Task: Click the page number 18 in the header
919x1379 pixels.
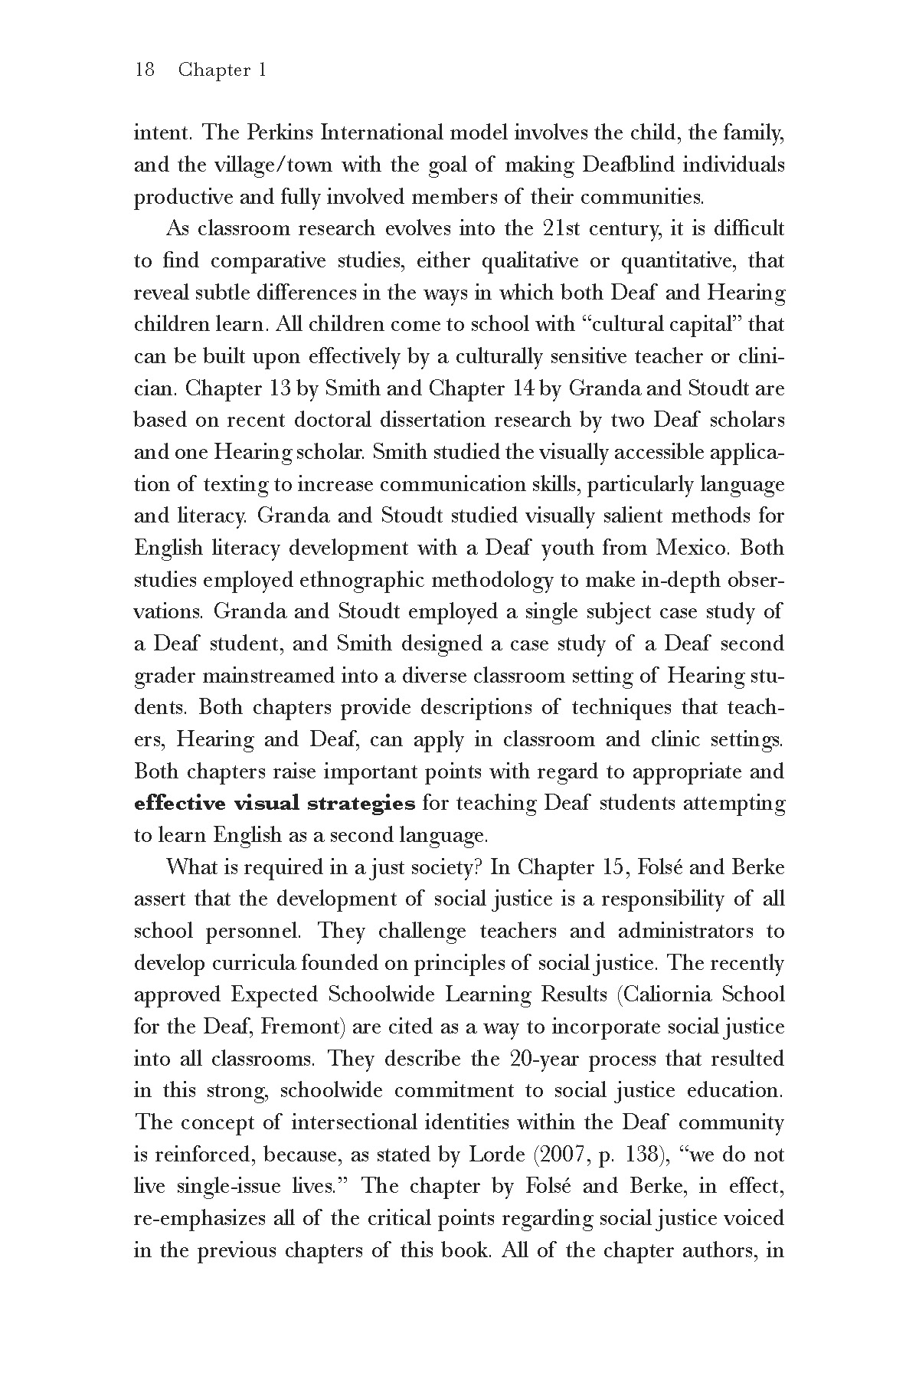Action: click(144, 70)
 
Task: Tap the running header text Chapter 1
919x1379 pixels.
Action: click(222, 70)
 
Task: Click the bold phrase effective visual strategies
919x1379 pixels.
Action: click(274, 804)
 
